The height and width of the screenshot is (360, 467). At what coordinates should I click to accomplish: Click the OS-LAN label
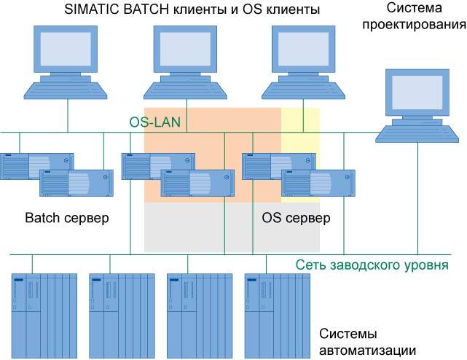pyautogui.click(x=154, y=121)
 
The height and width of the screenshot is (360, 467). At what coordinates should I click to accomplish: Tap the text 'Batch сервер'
pyautogui.click(x=67, y=218)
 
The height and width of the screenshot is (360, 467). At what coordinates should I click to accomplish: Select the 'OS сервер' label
pyautogui.click(x=296, y=218)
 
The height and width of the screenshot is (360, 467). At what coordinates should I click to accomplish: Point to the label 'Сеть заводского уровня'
pyautogui.click(x=372, y=265)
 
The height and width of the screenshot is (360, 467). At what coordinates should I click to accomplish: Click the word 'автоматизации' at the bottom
pyautogui.click(x=368, y=350)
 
